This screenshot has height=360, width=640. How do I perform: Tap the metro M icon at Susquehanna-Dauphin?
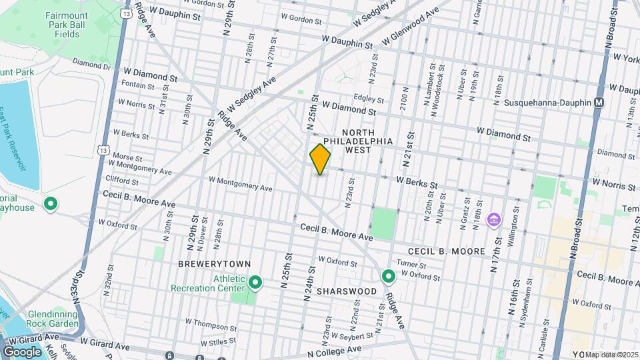click(x=599, y=103)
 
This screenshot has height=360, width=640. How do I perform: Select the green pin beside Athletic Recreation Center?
click(x=255, y=283)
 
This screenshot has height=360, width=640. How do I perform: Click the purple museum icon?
click(x=494, y=219)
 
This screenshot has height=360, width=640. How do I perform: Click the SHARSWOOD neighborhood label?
click(x=343, y=291)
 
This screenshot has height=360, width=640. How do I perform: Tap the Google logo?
click(x=22, y=351)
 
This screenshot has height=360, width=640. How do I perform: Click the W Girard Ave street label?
click(x=107, y=341)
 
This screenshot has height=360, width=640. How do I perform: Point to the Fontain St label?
click(x=138, y=85)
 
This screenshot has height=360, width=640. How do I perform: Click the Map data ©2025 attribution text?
click(x=612, y=355)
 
